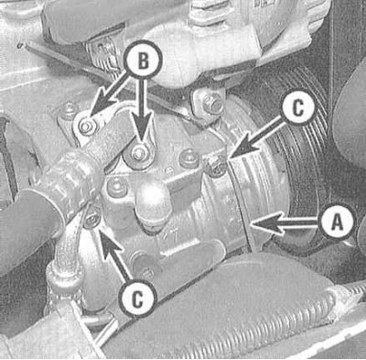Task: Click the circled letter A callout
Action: pos(336,222)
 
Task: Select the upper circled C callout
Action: pos(297,108)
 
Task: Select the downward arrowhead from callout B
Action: pos(141,127)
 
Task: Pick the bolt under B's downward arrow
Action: pos(139,153)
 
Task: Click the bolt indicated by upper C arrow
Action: pos(217,167)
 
